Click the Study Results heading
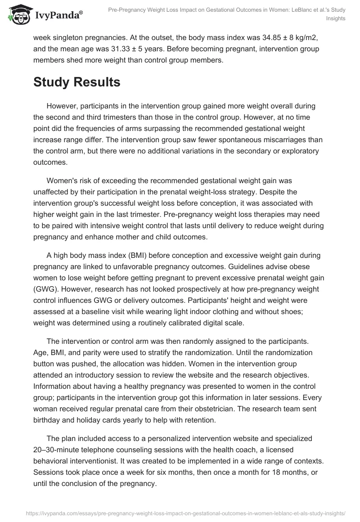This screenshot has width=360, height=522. click(x=76, y=82)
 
